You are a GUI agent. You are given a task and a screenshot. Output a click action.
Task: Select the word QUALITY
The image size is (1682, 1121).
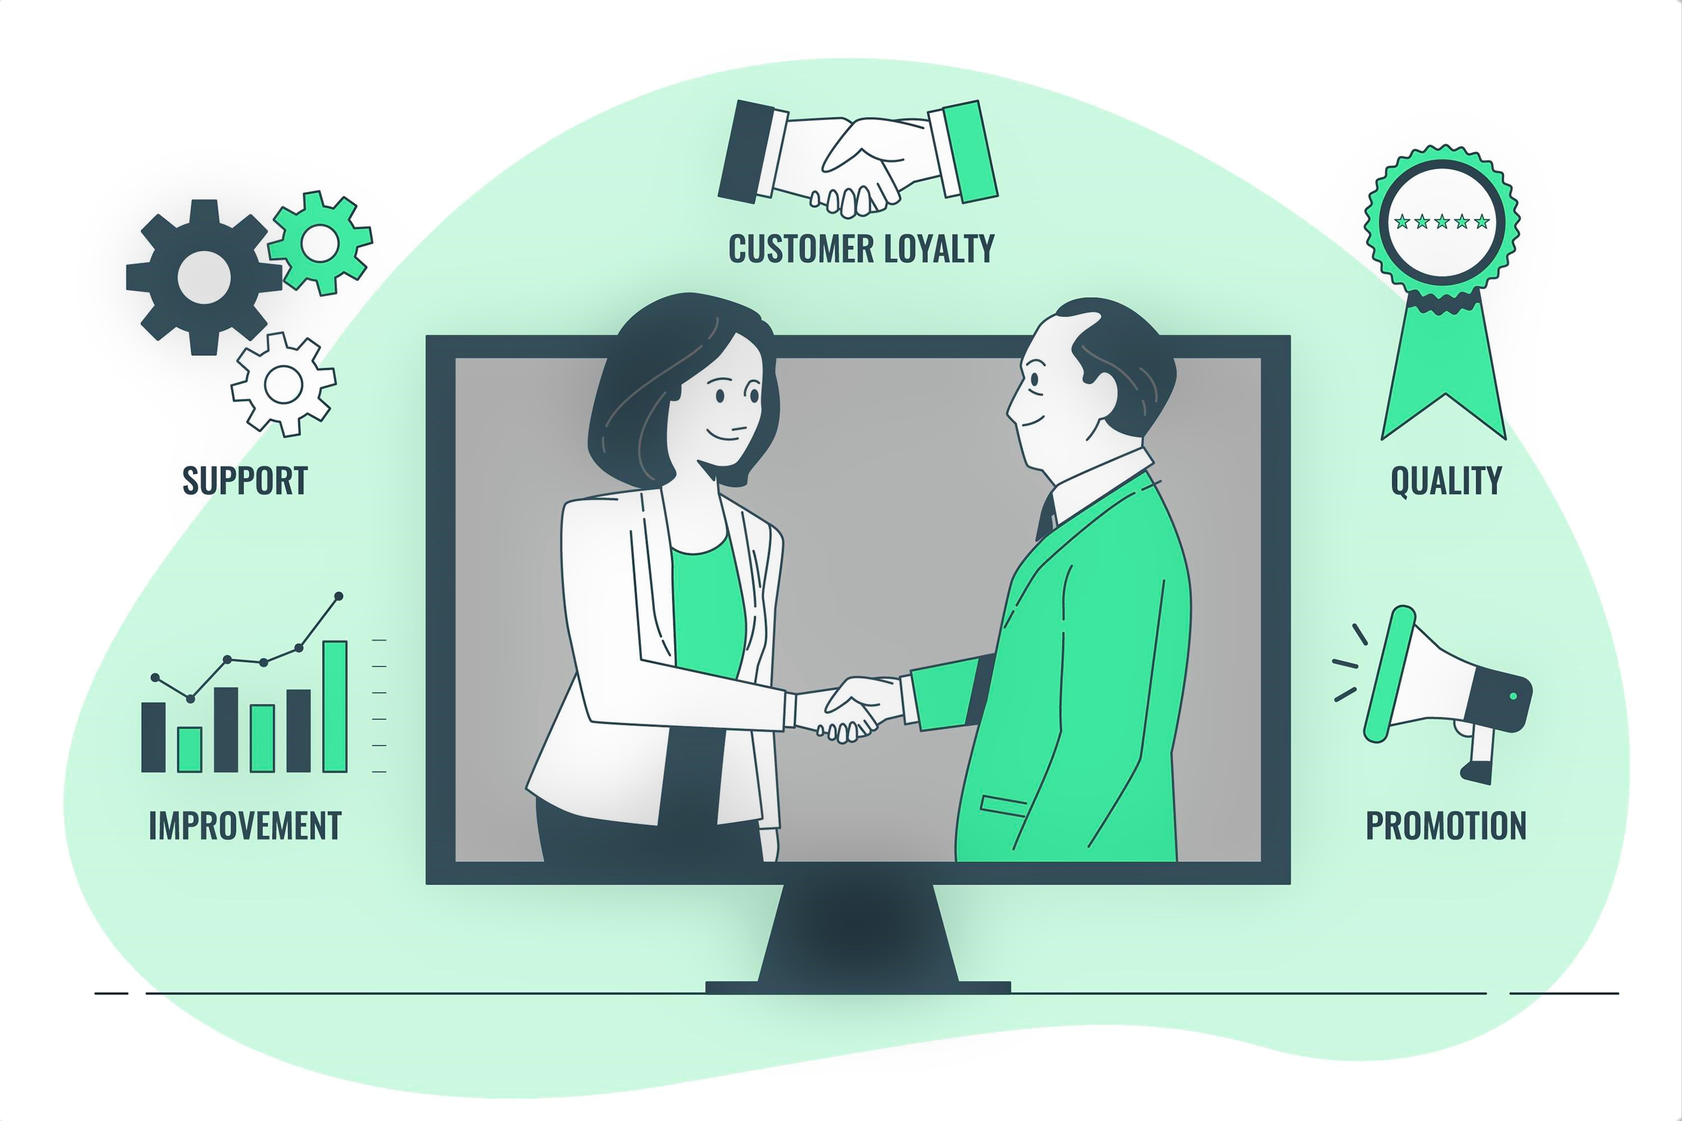[x=1446, y=480]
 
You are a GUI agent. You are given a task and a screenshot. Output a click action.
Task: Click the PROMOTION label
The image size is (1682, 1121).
[x=1446, y=826]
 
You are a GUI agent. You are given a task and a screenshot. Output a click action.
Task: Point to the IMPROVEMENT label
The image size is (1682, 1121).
[x=244, y=826]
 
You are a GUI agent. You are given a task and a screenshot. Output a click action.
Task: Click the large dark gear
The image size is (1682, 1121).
[x=204, y=277]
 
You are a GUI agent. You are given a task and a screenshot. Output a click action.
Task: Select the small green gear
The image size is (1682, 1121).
[x=320, y=243]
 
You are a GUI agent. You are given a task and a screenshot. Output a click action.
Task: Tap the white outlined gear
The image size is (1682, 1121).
[x=283, y=385]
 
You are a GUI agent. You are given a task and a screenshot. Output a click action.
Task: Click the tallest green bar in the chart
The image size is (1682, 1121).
[x=335, y=706]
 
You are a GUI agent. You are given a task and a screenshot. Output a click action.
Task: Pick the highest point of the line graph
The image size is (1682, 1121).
[x=339, y=595]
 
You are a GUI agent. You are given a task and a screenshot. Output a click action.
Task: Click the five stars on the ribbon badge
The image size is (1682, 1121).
[x=1441, y=221]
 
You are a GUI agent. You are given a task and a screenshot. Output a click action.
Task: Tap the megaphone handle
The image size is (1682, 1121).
[x=1482, y=755]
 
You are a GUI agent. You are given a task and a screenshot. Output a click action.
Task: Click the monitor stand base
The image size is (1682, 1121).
[x=858, y=987]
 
